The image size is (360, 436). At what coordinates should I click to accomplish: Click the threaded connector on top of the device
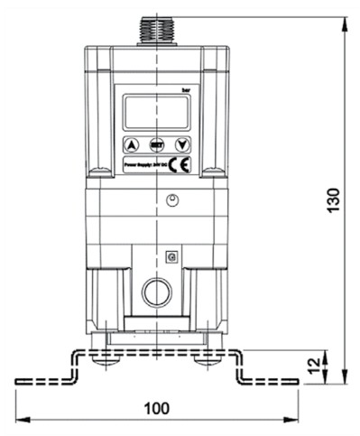click(157, 30)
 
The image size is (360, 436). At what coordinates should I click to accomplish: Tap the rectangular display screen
click(156, 112)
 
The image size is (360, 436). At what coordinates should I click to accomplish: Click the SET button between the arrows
click(157, 144)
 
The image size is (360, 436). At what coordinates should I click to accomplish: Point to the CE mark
click(180, 164)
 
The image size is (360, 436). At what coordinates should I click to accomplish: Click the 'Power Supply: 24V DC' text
click(145, 165)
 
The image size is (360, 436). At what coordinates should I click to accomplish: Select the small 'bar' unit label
click(185, 89)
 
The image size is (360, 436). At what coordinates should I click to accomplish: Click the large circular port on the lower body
click(156, 292)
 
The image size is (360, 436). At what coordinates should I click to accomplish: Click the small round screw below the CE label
click(172, 199)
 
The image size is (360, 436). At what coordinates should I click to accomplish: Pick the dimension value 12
click(313, 366)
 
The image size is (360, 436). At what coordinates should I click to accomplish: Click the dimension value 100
click(156, 407)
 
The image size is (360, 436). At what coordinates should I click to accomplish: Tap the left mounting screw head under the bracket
click(106, 359)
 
